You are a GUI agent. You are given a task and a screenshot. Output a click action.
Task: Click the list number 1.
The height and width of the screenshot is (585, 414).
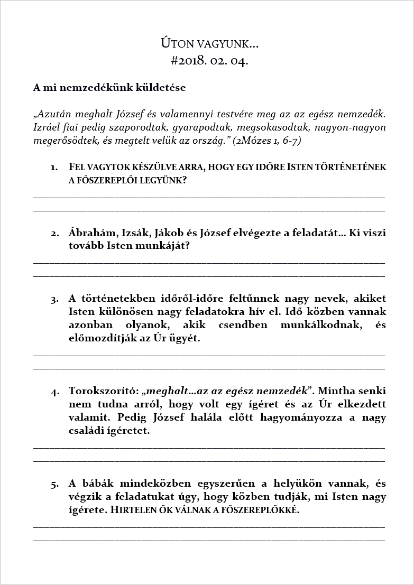coord(54,168)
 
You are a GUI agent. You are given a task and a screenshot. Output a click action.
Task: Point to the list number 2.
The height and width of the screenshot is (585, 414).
coord(55,234)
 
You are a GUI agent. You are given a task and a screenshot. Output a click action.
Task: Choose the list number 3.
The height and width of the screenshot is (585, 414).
coord(55,300)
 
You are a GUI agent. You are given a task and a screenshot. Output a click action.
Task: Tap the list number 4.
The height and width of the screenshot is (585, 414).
coord(55,392)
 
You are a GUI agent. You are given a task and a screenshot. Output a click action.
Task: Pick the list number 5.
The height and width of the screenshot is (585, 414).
coord(55,484)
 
